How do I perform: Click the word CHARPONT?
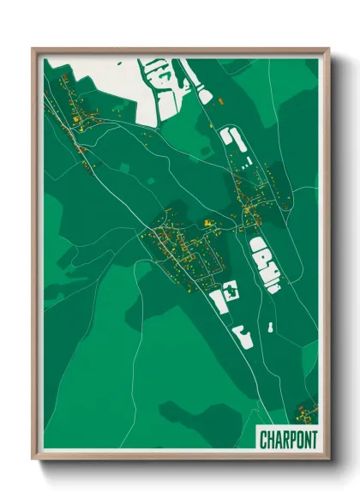pyautogui.click(x=288, y=439)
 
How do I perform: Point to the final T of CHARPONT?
pyautogui.click(x=313, y=439)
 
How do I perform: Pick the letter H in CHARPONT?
pyautogui.click(x=271, y=439)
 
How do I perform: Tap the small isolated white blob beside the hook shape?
pyautogui.click(x=270, y=327)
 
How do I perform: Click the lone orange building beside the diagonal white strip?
pyautogui.click(x=221, y=102)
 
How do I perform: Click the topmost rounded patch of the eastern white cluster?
pyautogui.click(x=258, y=247)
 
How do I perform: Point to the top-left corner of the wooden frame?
pyautogui.click(x=33, y=49)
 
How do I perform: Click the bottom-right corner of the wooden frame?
pyautogui.click(x=328, y=460)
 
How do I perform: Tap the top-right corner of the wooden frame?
pyautogui.click(x=328, y=49)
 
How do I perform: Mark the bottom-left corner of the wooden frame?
pyautogui.click(x=33, y=460)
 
